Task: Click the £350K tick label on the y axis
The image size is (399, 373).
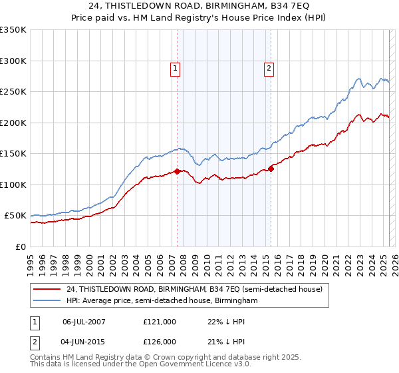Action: click(13, 30)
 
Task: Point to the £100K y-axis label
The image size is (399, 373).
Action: click(13, 185)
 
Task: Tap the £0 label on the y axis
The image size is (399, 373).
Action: click(21, 246)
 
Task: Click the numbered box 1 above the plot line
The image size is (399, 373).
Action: click(175, 67)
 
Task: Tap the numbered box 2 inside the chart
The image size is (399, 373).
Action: click(269, 67)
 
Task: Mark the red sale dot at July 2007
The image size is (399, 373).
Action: click(178, 171)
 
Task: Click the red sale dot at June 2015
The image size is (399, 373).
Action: click(271, 168)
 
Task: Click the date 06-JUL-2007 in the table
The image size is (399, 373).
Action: click(84, 321)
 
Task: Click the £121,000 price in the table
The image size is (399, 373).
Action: click(160, 321)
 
